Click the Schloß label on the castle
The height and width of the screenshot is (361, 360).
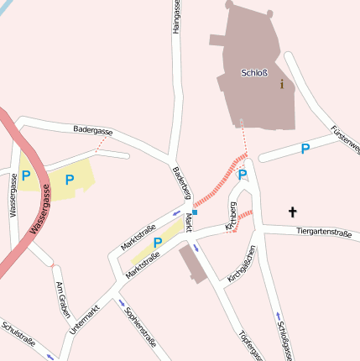(x=253, y=72)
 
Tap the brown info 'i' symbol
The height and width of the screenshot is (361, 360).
(x=282, y=83)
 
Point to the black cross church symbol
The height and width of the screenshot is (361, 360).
(x=293, y=212)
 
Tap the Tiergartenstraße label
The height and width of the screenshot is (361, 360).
(x=323, y=231)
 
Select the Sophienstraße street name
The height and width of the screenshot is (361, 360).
(x=141, y=327)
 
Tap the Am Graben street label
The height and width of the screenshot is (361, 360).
(x=61, y=301)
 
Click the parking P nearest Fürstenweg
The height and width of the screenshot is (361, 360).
(x=305, y=149)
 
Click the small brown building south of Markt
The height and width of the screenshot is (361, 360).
(x=192, y=265)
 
